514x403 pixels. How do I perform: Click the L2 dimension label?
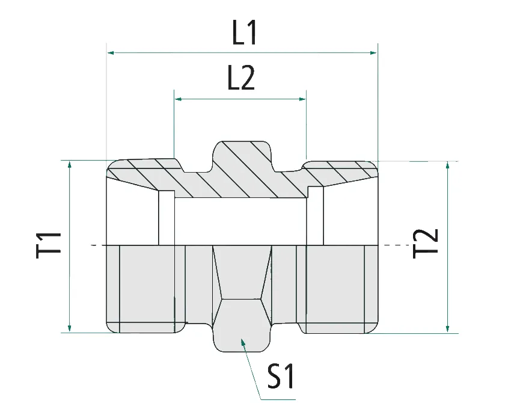click(241, 79)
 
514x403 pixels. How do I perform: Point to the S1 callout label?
click(281, 377)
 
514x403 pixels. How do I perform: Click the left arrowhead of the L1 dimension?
click(111, 53)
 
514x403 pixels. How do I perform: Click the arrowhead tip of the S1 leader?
click(243, 341)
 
